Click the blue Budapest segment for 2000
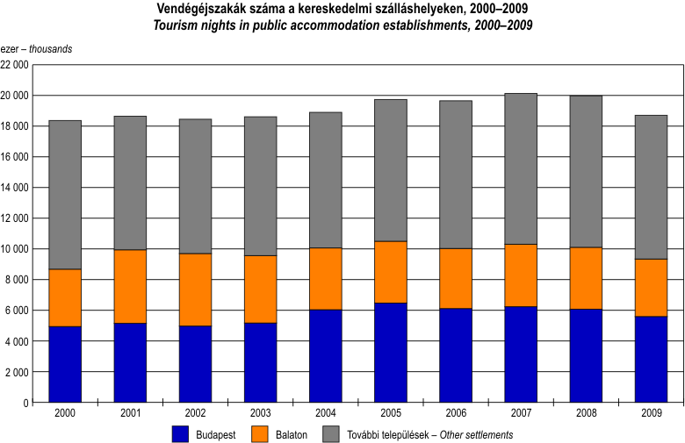pyautogui.click(x=65, y=364)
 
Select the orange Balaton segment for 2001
pyautogui.click(x=130, y=286)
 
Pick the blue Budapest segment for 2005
pyautogui.click(x=391, y=352)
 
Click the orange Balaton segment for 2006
pyautogui.click(x=456, y=278)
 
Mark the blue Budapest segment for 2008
pyautogui.click(x=586, y=355)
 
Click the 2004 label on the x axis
pyautogui.click(x=326, y=412)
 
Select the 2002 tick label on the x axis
pyautogui.click(x=195, y=412)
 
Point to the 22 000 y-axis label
pyautogui.click(x=15, y=65)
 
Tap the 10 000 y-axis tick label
pyautogui.click(x=15, y=249)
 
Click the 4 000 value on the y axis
pyautogui.click(x=18, y=341)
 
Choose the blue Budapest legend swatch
pyautogui.click(x=181, y=433)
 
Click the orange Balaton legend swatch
pyautogui.click(x=260, y=433)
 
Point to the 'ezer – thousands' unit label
pyautogui.click(x=37, y=48)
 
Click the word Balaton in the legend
pyautogui.click(x=292, y=434)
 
